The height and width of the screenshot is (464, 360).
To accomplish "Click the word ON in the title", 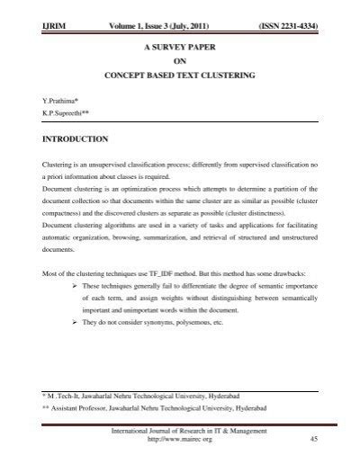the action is (x=179, y=60).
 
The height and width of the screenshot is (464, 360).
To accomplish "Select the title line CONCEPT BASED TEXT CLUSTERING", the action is (x=179, y=76).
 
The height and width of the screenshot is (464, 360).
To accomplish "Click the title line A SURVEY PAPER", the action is (x=179, y=44).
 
